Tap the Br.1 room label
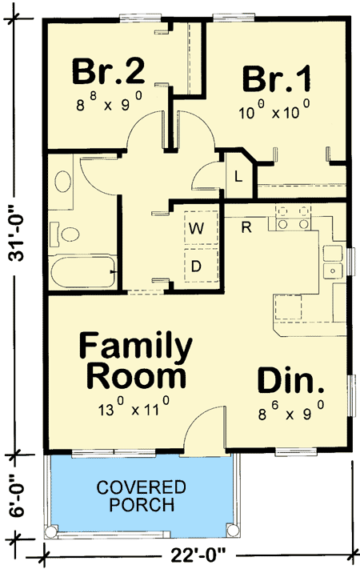(278, 79)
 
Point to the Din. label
(291, 380)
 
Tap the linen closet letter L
(238, 177)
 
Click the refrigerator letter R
(247, 226)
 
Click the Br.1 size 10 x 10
(274, 113)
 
